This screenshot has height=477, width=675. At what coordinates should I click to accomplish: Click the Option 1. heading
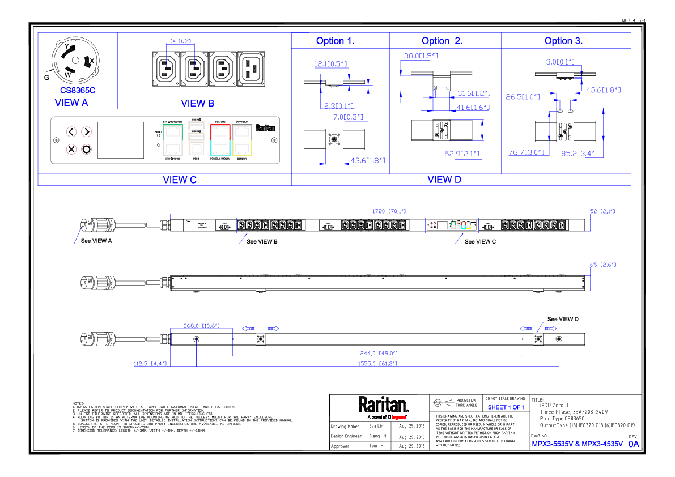[336, 41]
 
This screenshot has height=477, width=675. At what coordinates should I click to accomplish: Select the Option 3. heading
[563, 41]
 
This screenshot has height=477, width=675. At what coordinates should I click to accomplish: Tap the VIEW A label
[71, 103]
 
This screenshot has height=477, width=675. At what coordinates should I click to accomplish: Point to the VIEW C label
[180, 180]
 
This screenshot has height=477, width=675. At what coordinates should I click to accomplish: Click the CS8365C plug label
[78, 90]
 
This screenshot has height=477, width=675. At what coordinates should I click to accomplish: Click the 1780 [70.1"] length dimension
[386, 211]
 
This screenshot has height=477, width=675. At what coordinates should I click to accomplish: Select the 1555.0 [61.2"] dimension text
[377, 364]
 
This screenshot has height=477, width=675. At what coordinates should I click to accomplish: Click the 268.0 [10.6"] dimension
[201, 326]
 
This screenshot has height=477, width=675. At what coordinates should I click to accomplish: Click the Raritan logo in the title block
[383, 405]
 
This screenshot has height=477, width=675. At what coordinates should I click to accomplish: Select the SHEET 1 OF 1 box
[506, 407]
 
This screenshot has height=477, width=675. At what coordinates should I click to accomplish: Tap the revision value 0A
[634, 444]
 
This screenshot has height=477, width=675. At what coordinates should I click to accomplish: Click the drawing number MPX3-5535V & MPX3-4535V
[576, 444]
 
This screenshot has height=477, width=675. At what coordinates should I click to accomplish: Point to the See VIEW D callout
[563, 320]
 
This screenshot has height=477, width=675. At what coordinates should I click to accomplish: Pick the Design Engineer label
[346, 437]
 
